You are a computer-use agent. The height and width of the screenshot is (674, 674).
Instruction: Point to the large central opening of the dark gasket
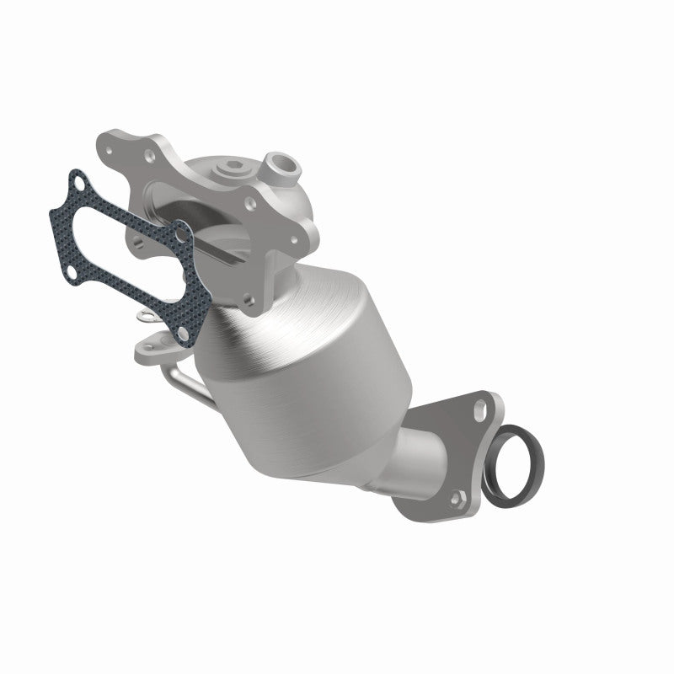[126, 244]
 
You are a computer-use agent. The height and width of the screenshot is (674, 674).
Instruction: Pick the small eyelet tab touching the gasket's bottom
[144, 318]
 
